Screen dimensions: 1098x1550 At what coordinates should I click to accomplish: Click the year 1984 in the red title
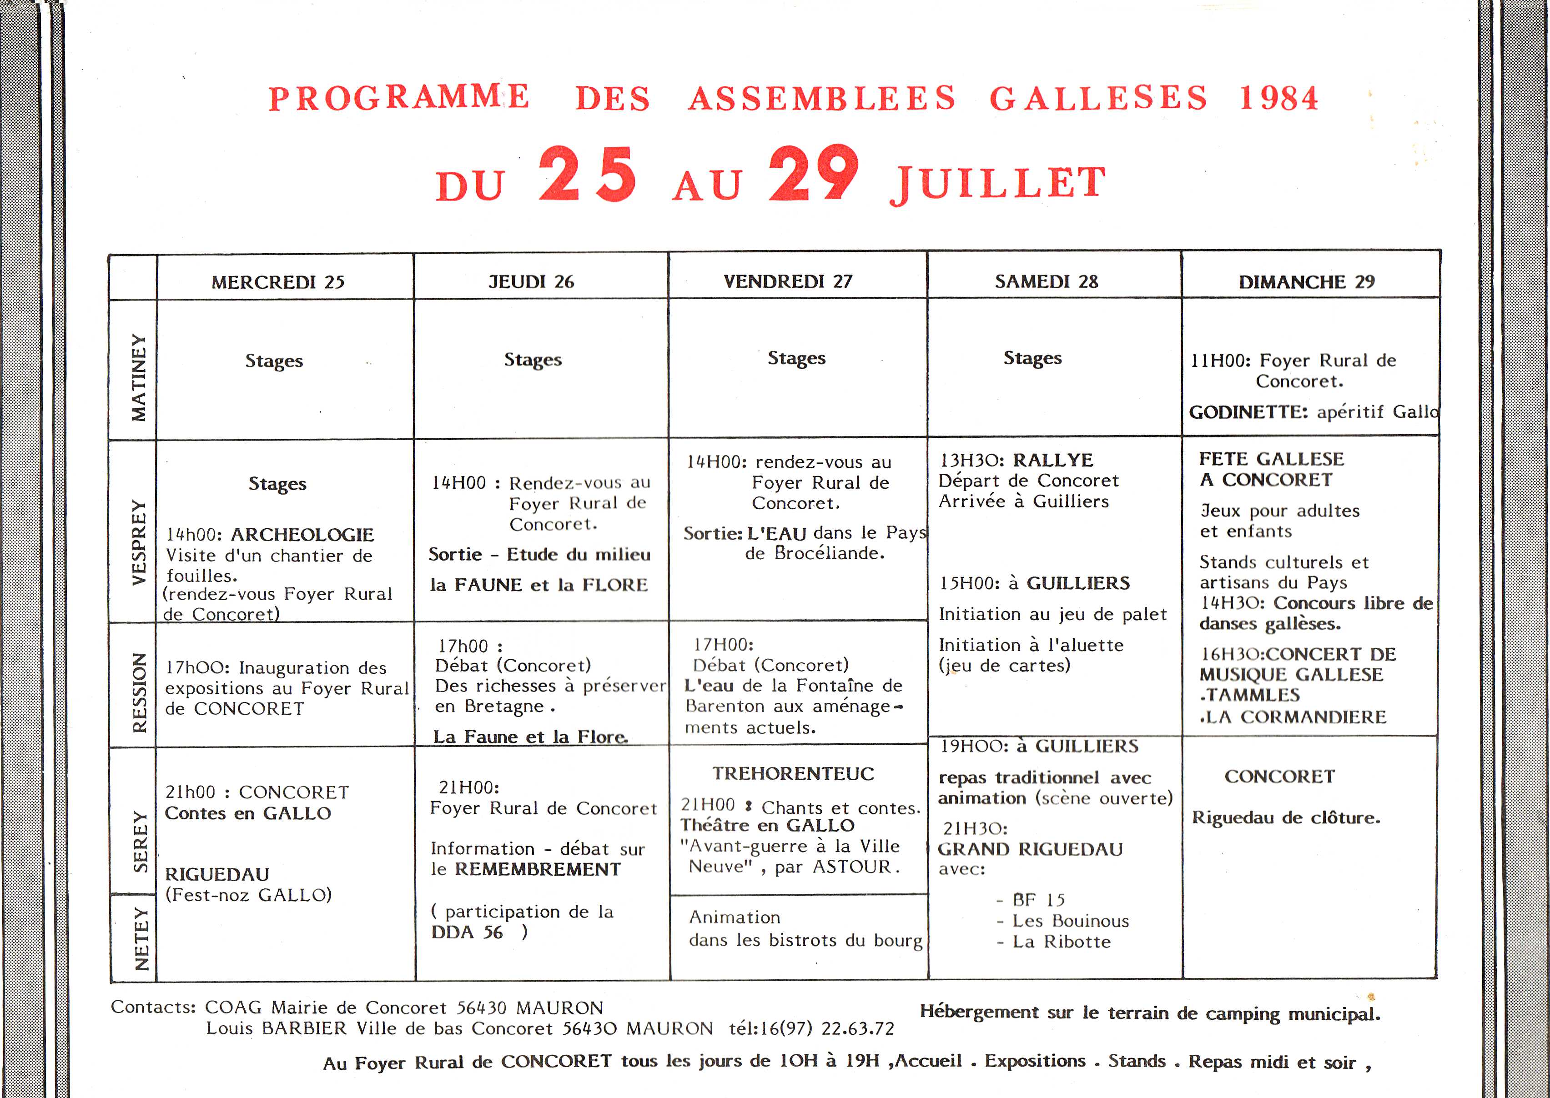[x=1278, y=98]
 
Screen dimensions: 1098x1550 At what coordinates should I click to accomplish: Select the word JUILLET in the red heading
[x=997, y=183]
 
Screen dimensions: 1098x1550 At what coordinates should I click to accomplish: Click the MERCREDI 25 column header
[x=278, y=282]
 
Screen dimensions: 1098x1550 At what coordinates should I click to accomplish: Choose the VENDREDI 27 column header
[x=788, y=281]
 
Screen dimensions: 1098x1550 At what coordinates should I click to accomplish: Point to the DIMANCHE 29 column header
[x=1307, y=281]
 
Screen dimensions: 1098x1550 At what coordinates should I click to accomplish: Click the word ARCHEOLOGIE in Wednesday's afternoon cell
[x=302, y=535]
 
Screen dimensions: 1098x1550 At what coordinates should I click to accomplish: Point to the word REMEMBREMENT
[x=538, y=869]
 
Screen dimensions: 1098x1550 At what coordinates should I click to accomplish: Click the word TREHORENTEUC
[x=793, y=773]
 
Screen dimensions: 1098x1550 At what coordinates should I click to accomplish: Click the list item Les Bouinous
[x=1071, y=921]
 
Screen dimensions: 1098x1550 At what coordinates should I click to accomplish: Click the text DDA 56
[x=467, y=933]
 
